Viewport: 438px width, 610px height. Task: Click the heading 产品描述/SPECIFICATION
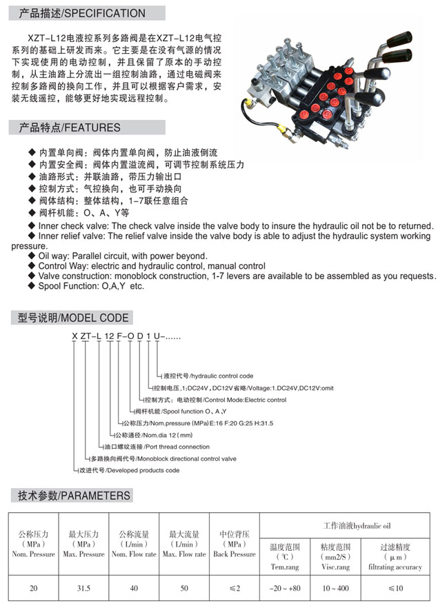pyautogui.click(x=82, y=12)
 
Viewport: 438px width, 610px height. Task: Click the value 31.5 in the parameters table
pyautogui.click(x=83, y=589)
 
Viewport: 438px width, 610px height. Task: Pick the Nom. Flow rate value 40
pyautogui.click(x=134, y=589)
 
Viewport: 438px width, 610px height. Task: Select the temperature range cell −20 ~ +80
pyautogui.click(x=284, y=589)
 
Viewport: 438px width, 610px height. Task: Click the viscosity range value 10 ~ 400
pyautogui.click(x=335, y=589)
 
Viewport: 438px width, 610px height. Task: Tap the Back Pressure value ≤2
pyautogui.click(x=234, y=589)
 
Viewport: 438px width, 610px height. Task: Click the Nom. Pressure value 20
pyautogui.click(x=33, y=589)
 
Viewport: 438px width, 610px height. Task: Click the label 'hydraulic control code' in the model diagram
pyautogui.click(x=221, y=376)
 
